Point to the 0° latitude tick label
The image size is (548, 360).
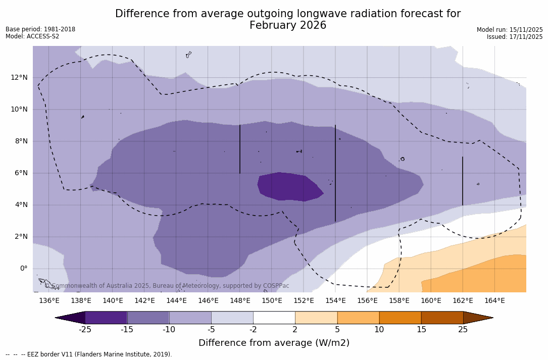[x=24, y=269]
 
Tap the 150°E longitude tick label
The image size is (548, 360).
[x=272, y=300]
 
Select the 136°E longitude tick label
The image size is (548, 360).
[x=49, y=300]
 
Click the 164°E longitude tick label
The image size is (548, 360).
[x=494, y=300]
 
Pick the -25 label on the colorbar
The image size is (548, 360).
[x=85, y=330]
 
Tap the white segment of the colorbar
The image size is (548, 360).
[x=274, y=318]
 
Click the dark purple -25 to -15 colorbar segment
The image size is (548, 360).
[x=106, y=318]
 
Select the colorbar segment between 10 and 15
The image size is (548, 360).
[x=400, y=318]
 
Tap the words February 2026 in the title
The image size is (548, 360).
[x=288, y=25]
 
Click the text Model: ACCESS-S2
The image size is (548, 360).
[x=32, y=36]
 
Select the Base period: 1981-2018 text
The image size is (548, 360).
[x=40, y=29]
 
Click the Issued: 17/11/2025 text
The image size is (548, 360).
[x=515, y=37]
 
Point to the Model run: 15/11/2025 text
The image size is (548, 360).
[x=510, y=30]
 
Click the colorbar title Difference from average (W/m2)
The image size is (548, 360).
[x=274, y=343]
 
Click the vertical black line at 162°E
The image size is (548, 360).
[x=463, y=181]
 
